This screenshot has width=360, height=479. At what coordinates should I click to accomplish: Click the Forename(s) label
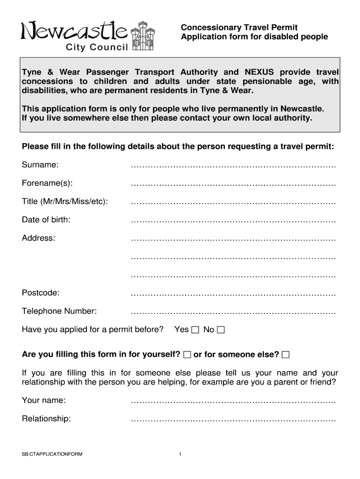coord(47,183)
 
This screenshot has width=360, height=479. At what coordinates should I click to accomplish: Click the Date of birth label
coord(46,219)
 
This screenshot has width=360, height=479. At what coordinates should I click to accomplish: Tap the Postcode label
coord(41,293)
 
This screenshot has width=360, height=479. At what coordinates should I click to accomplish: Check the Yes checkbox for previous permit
coord(195,330)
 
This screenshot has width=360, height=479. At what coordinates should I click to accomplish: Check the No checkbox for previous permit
coord(221,330)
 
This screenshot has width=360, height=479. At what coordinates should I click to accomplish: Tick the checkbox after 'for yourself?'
coord(187,355)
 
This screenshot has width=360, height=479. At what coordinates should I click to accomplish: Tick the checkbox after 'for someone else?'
coord(286,355)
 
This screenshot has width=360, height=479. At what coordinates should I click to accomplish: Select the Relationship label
coord(46,419)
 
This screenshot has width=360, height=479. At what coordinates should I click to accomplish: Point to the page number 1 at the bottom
coord(180,454)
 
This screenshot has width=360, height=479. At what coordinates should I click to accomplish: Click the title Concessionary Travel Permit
coord(239,28)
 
